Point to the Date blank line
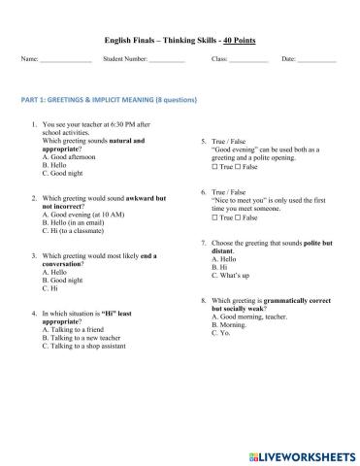tap(317, 61)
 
